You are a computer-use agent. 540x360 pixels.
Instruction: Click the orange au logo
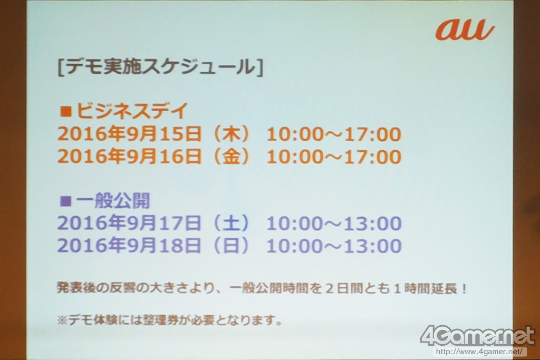[x=465, y=30]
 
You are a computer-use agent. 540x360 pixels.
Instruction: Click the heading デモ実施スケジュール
[x=160, y=67]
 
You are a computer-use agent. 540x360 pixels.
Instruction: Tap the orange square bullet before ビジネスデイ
[x=65, y=111]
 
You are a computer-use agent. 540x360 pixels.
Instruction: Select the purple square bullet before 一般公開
[x=65, y=201]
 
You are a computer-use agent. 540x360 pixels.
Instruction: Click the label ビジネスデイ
[x=132, y=111]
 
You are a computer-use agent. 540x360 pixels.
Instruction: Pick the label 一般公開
[x=113, y=201]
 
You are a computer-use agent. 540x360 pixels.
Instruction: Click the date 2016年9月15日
[x=130, y=133]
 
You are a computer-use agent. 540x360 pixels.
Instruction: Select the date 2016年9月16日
[x=130, y=156]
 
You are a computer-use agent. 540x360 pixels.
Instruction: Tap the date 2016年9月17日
[x=130, y=222]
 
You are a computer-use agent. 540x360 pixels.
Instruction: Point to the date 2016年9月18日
[x=130, y=246]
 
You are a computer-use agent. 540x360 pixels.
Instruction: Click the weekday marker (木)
[x=231, y=134]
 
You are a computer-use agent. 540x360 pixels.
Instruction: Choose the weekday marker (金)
[x=231, y=157]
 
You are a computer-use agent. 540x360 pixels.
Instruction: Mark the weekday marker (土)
[x=231, y=223]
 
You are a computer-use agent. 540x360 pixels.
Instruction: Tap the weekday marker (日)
[x=231, y=246]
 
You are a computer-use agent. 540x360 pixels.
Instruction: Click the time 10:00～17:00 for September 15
[x=334, y=134]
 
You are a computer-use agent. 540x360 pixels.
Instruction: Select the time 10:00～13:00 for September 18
[x=334, y=246]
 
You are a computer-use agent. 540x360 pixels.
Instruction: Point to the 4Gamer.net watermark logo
[x=477, y=336]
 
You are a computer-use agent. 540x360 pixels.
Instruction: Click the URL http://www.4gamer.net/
[x=481, y=352]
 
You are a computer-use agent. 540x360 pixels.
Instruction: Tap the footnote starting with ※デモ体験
[x=169, y=320]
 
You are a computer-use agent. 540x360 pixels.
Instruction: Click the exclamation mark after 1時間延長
[x=464, y=288]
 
